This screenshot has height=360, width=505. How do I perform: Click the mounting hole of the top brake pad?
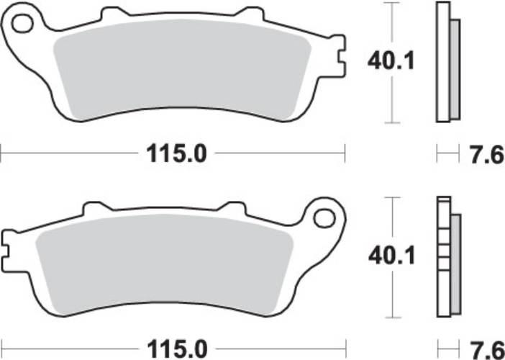tap(22, 24)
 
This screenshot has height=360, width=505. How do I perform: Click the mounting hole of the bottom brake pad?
tap(324, 218)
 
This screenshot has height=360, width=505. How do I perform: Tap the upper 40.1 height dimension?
tap(391, 61)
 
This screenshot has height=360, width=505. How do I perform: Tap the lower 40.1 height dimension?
tap(391, 256)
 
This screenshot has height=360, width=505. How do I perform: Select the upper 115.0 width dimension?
tap(176, 154)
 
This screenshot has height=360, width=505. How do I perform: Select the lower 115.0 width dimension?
tap(177, 349)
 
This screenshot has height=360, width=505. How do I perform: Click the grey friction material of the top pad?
tap(182, 69)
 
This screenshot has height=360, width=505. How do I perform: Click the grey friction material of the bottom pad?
tap(164, 264)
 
